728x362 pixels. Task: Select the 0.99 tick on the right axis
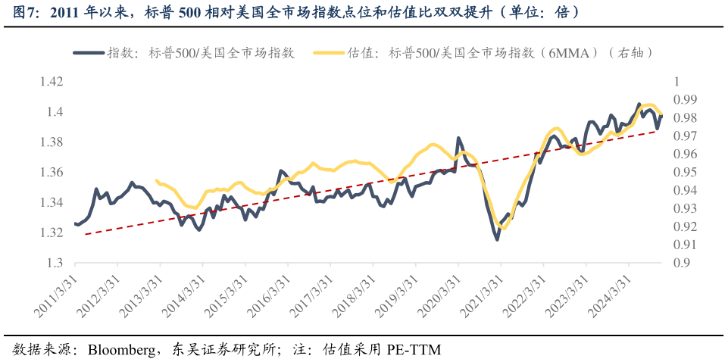[684, 100]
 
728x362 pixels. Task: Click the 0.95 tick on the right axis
[684, 173]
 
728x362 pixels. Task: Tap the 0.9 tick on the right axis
[680, 263]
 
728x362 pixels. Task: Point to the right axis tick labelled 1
[676, 82]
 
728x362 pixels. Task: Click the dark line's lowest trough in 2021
[498, 239]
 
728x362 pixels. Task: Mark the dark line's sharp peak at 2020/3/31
[458, 139]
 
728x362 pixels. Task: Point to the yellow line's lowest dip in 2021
[503, 227]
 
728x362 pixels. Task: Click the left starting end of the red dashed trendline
[86, 235]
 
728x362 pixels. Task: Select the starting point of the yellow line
[156, 180]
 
